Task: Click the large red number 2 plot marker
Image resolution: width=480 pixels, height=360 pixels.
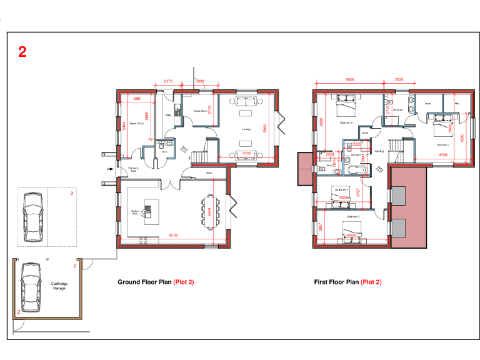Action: (22, 52)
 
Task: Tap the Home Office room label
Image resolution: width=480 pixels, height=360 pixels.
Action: (137, 124)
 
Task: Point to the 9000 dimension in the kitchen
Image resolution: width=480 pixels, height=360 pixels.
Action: (174, 235)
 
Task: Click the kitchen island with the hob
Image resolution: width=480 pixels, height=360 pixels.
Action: (147, 212)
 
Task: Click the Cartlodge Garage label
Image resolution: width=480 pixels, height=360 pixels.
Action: (59, 286)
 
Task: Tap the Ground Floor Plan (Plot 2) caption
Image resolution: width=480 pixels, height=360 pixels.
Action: (156, 282)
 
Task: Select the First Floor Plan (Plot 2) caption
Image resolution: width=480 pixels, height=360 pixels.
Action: (347, 282)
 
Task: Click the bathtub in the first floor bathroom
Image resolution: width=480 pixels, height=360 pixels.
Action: (357, 170)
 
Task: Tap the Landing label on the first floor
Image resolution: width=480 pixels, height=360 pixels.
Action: (379, 151)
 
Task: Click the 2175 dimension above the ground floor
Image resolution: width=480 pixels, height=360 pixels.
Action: (168, 82)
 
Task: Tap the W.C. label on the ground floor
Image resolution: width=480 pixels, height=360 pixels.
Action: (164, 152)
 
